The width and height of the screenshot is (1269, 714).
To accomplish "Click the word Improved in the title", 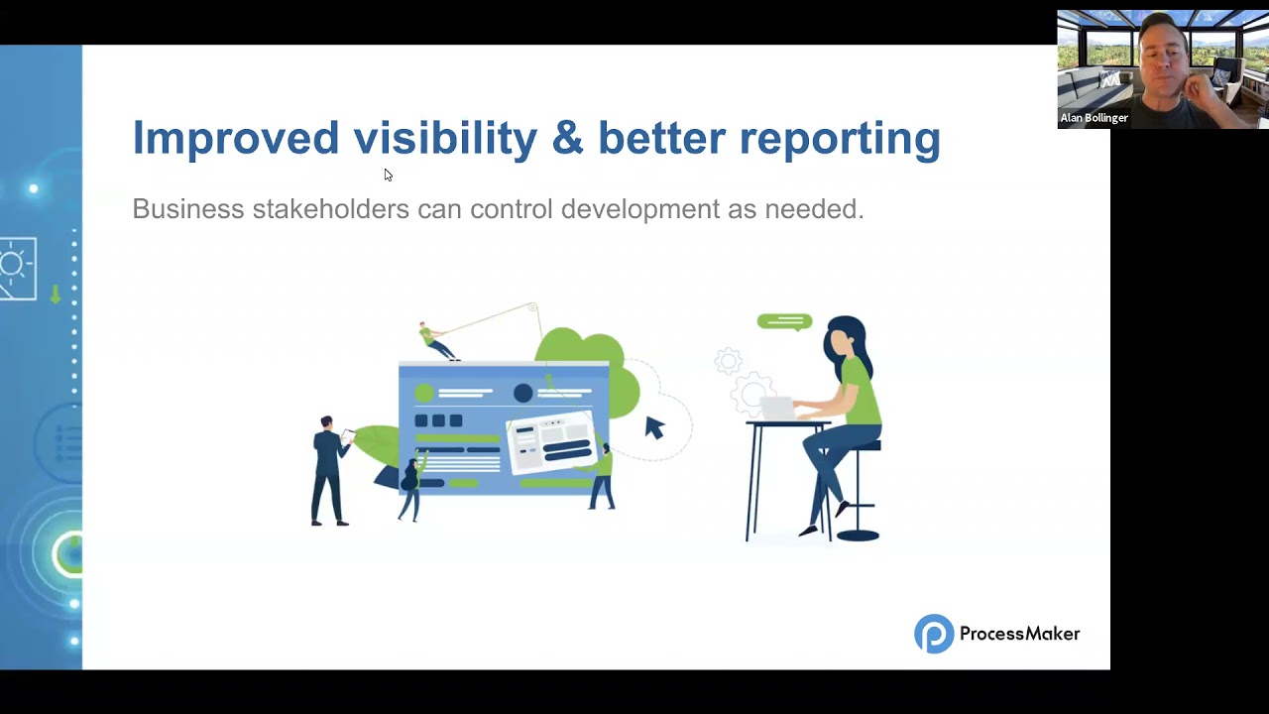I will (236, 138).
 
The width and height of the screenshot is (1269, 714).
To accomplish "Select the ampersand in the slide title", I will (567, 138).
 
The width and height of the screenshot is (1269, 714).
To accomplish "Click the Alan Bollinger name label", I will (1094, 118).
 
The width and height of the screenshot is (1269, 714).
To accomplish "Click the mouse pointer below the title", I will (388, 176).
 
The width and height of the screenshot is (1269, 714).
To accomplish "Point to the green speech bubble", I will (784, 321).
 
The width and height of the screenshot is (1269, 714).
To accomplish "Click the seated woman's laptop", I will (776, 408).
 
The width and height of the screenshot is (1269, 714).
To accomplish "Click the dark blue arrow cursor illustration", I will (654, 427).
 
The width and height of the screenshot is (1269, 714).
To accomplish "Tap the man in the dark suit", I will (328, 470).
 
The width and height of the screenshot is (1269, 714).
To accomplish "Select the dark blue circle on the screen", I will (522, 394).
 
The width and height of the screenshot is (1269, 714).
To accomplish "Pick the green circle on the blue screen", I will (424, 394).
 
